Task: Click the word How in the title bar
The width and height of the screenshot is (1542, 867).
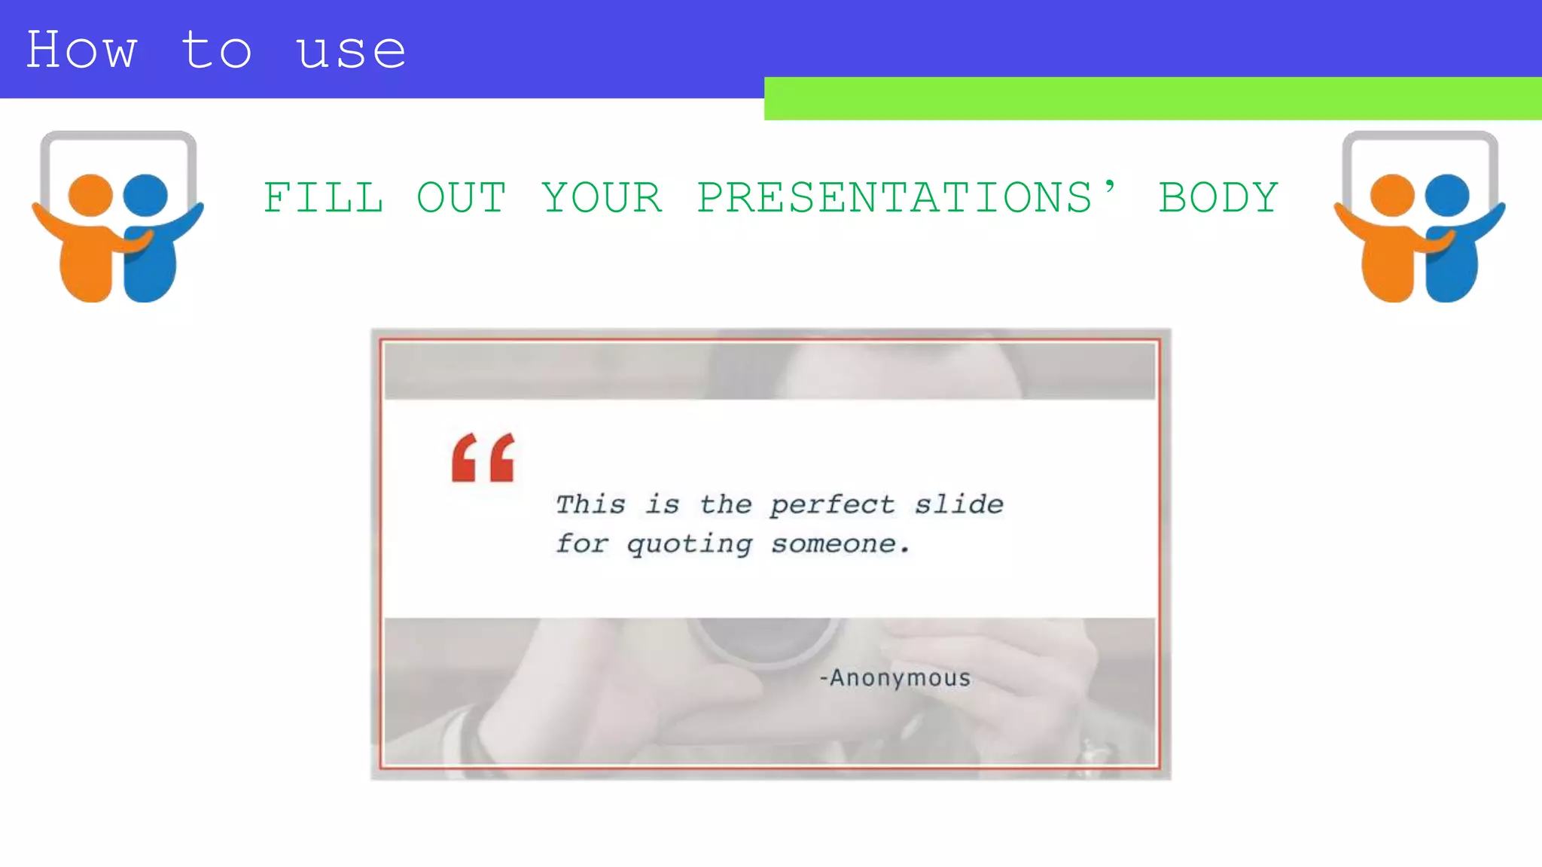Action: click(81, 51)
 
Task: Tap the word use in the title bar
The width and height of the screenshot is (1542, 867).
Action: click(351, 51)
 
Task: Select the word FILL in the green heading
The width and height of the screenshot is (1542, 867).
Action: click(323, 198)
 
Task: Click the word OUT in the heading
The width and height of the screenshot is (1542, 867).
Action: click(462, 198)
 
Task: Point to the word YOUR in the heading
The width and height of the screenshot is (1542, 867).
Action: click(602, 198)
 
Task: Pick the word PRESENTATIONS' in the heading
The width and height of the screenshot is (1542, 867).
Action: click(907, 198)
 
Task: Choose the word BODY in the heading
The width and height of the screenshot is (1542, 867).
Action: click(1218, 198)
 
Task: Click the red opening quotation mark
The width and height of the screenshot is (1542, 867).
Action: click(483, 457)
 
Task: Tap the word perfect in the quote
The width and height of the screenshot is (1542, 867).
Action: click(833, 505)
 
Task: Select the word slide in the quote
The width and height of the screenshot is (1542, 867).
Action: click(958, 503)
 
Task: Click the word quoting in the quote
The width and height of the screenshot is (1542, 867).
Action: click(689, 544)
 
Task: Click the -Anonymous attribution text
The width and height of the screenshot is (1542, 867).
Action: click(895, 678)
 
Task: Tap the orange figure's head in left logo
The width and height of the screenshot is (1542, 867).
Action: click(90, 195)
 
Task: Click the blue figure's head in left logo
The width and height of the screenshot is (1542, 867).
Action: click(145, 195)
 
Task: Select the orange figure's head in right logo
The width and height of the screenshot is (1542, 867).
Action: click(1392, 195)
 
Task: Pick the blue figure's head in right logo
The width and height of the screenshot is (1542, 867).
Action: click(1447, 195)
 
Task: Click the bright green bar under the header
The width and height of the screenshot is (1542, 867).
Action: click(1152, 99)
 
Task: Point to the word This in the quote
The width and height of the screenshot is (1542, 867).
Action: click(590, 504)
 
